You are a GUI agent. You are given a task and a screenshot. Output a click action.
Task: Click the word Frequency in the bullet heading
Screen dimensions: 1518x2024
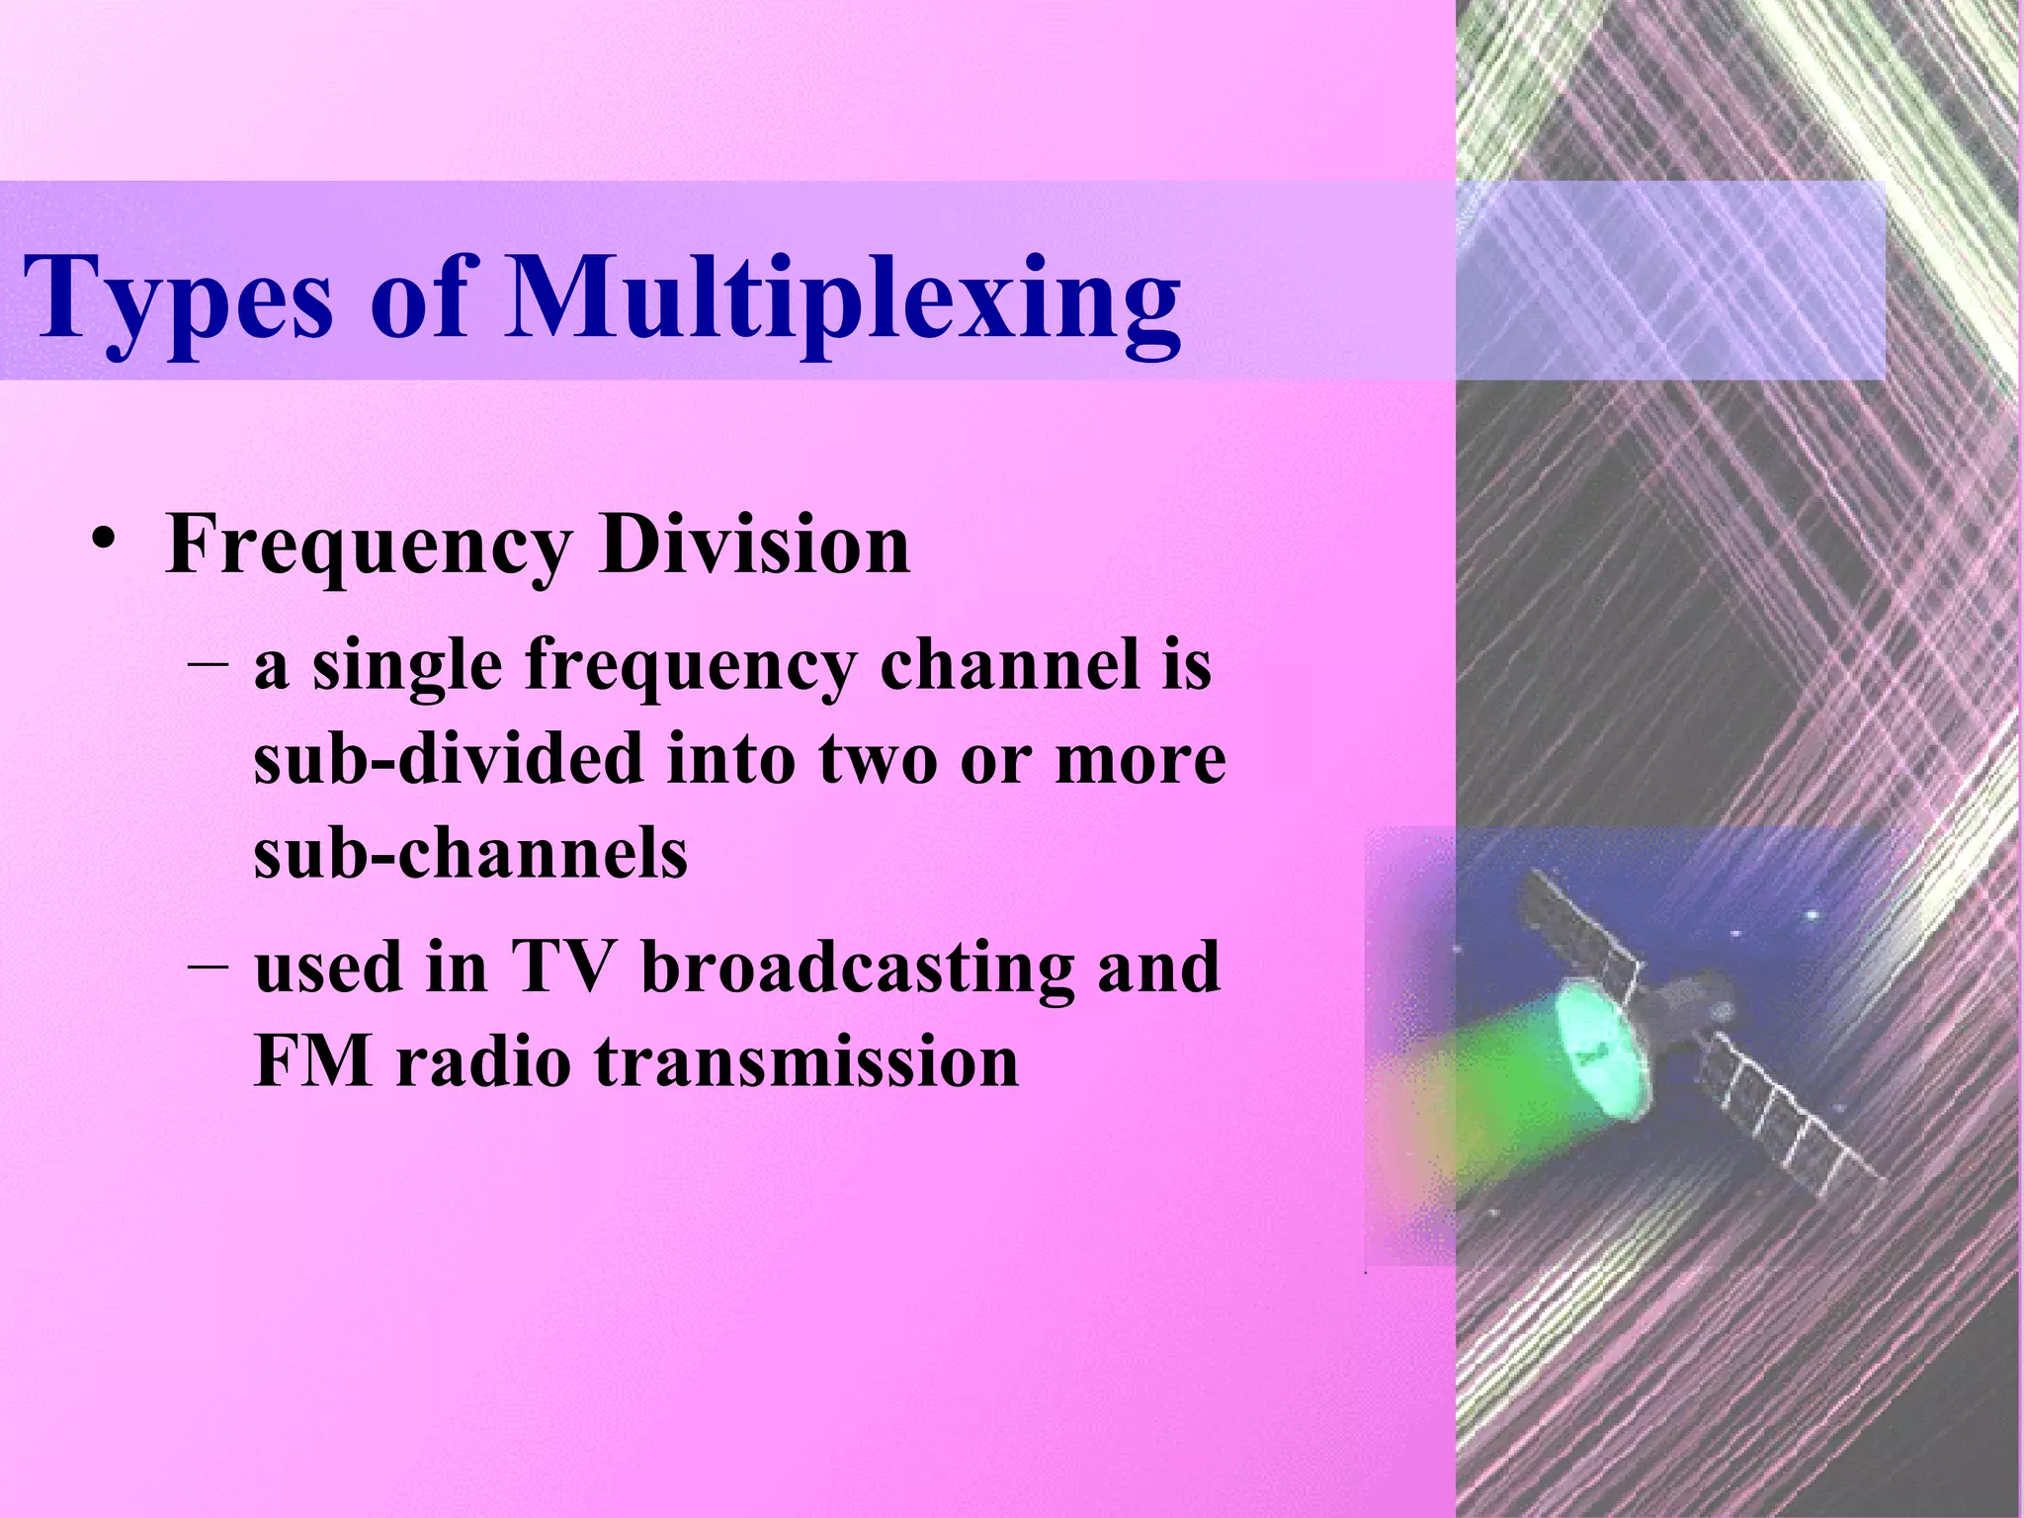pos(370,547)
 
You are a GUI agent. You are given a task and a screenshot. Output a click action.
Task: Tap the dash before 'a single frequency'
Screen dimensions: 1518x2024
pos(208,663)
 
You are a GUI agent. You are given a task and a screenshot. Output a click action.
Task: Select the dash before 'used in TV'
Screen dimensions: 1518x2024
pos(208,964)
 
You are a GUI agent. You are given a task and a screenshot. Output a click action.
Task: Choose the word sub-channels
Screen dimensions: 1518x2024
pos(470,852)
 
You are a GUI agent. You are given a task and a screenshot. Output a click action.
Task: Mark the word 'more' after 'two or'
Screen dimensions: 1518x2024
pos(1140,760)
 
